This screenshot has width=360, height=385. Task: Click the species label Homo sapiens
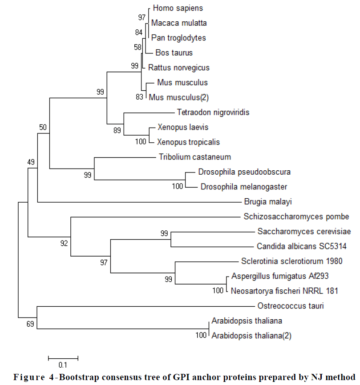point(171,8)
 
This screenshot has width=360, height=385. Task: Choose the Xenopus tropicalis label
point(188,142)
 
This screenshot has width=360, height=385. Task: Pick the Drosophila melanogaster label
point(244,187)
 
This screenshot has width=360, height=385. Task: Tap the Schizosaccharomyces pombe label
point(296,217)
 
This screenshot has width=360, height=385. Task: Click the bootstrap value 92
point(65,243)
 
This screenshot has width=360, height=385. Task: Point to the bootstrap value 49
point(30,162)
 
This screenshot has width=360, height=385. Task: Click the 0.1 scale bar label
point(63,365)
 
